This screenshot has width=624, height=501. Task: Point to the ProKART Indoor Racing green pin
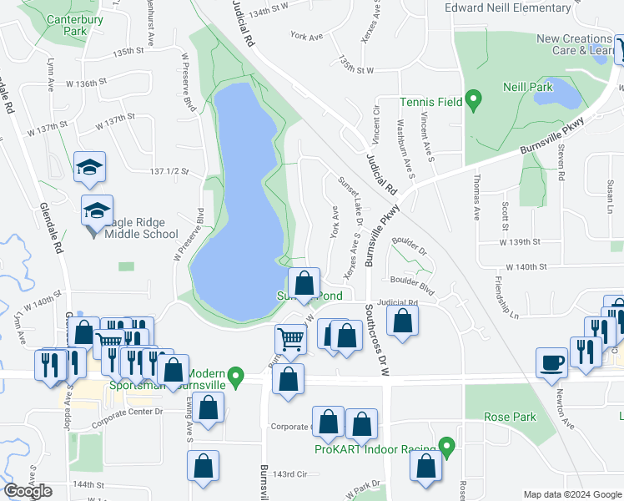[x=447, y=448]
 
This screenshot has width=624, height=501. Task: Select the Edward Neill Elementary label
[x=519, y=8]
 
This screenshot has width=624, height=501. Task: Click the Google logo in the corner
[x=28, y=491]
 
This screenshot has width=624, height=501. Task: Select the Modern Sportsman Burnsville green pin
[x=236, y=378]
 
